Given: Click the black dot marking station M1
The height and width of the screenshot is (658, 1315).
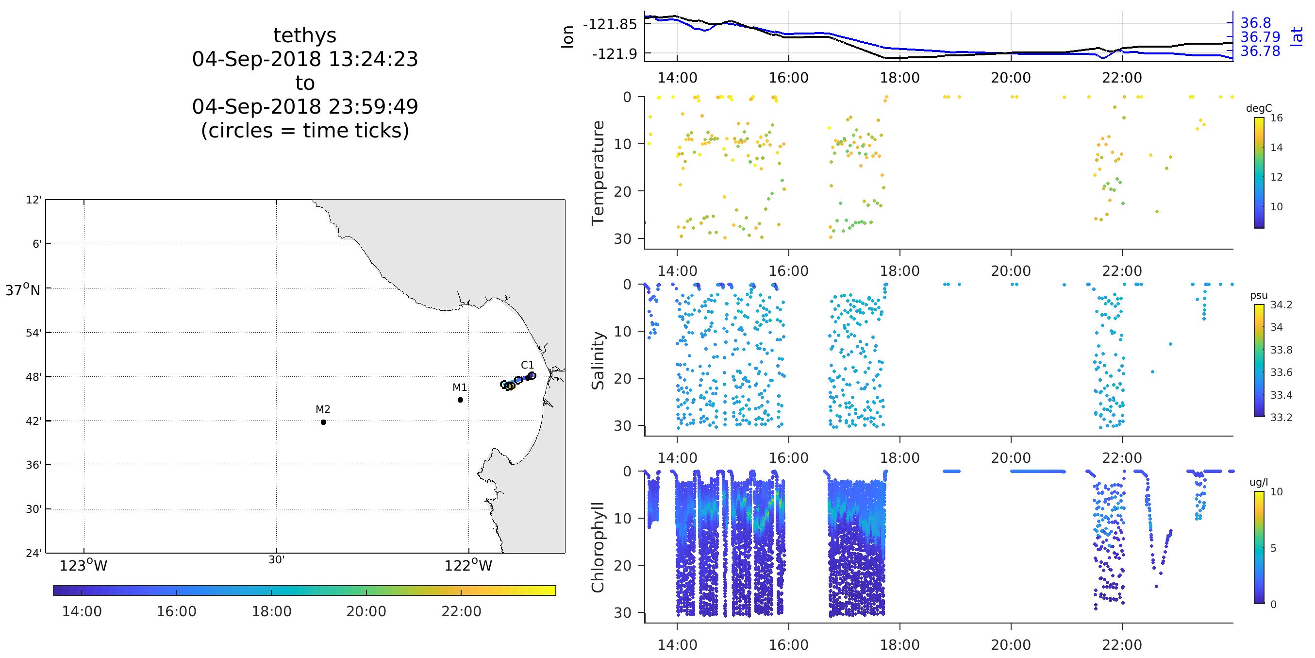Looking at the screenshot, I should click(x=460, y=400).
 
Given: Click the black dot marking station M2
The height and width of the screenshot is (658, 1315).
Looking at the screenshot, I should click(x=323, y=422).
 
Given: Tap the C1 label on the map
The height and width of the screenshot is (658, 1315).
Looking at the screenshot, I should click(x=527, y=365).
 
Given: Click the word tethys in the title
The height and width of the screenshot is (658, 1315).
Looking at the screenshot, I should click(x=305, y=36).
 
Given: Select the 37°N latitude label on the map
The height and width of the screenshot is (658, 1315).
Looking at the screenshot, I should click(x=22, y=290).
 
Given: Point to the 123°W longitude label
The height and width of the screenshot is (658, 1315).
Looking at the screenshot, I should click(x=83, y=566).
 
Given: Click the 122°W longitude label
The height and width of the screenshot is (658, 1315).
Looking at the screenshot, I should click(x=468, y=566).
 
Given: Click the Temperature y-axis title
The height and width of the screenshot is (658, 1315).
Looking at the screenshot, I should click(x=597, y=173).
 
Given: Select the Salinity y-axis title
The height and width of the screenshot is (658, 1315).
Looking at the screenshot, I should click(x=597, y=360).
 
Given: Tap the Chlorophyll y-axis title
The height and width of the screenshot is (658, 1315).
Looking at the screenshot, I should click(x=597, y=547).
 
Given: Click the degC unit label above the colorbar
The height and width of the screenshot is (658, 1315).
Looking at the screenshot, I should click(x=1259, y=108).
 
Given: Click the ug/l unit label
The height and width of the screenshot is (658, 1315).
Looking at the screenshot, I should click(x=1258, y=482).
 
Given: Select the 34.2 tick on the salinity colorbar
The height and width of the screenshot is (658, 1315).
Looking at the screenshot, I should click(x=1282, y=305).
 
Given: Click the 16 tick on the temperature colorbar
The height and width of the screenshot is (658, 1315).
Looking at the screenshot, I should click(x=1276, y=118).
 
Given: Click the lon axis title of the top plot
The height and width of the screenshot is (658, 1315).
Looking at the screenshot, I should click(x=567, y=37).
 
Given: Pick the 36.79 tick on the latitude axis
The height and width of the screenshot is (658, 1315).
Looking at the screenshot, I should click(x=1260, y=37).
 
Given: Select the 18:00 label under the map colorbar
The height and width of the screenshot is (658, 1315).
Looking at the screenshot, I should click(x=271, y=611).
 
